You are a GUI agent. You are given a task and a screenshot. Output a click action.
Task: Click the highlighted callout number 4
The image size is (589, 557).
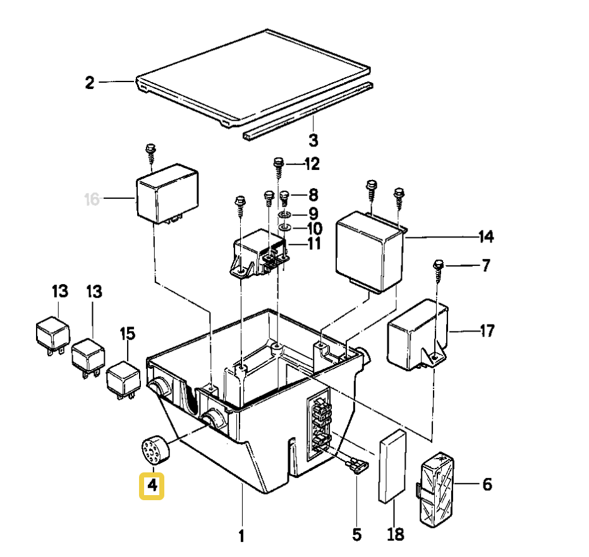click(152, 486)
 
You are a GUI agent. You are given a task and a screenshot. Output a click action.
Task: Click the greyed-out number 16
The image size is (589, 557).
click(92, 200)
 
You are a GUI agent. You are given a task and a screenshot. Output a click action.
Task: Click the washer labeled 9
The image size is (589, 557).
click(284, 215)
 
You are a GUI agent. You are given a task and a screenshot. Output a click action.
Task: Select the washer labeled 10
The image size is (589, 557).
click(284, 227)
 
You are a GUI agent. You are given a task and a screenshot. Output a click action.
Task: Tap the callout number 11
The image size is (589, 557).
click(314, 243)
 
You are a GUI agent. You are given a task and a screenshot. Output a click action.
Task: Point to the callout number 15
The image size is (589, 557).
click(128, 332)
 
